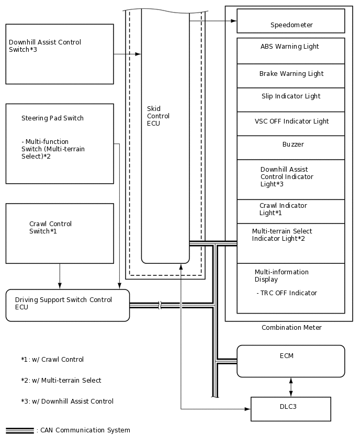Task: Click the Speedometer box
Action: [x=291, y=21]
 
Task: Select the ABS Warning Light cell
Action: [x=290, y=50]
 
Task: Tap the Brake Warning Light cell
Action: [x=290, y=75]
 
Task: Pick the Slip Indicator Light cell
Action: [x=290, y=99]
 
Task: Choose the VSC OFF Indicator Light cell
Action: [x=290, y=124]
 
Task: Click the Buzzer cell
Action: [x=290, y=147]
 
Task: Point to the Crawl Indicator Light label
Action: [x=283, y=209]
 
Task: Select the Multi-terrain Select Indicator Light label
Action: [x=282, y=235]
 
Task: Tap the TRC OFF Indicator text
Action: [x=287, y=293]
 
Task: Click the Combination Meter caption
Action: [x=291, y=328]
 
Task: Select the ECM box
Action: [x=290, y=361]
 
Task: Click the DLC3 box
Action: [x=290, y=409]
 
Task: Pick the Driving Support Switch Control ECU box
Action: [x=67, y=305]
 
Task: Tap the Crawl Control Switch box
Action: [x=60, y=233]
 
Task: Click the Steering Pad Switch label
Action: [x=52, y=118]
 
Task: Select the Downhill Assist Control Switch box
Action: [x=60, y=54]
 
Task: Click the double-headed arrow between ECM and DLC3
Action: [x=291, y=387]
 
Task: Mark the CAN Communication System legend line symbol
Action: [x=19, y=430]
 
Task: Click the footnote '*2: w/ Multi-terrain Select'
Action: [x=61, y=381]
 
